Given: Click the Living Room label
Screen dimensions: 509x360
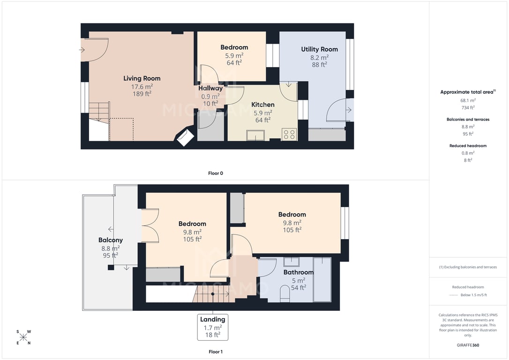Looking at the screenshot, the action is pyautogui.click(x=142, y=78).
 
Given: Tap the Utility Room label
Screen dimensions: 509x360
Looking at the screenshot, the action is pyautogui.click(x=320, y=49).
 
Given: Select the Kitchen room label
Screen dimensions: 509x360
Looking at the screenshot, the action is pyautogui.click(x=263, y=105).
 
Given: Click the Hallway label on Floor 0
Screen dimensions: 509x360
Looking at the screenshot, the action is pyautogui.click(x=210, y=88).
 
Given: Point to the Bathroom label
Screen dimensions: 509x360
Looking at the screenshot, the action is pyautogui.click(x=299, y=272).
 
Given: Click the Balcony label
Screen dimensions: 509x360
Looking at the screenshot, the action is pyautogui.click(x=111, y=240).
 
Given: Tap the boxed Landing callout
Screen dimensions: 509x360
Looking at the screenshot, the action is pyautogui.click(x=213, y=327).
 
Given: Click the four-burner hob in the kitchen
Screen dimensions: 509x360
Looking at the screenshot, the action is pyautogui.click(x=289, y=135).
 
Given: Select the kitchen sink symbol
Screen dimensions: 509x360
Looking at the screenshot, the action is pyautogui.click(x=255, y=135).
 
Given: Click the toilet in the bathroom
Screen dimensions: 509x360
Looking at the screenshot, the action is pyautogui.click(x=284, y=294).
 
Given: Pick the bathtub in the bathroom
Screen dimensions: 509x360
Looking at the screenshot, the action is pyautogui.click(x=322, y=279).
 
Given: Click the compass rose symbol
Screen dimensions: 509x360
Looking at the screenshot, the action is pyautogui.click(x=23, y=337).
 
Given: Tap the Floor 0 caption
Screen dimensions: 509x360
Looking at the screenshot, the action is pyautogui.click(x=216, y=173).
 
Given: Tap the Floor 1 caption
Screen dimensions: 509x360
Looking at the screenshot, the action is pyautogui.click(x=216, y=352).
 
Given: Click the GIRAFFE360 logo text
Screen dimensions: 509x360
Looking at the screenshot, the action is pyautogui.click(x=468, y=345).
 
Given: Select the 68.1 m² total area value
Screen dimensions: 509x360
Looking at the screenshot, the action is pyautogui.click(x=468, y=100).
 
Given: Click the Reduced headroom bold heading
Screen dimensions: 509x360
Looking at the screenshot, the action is pyautogui.click(x=468, y=146).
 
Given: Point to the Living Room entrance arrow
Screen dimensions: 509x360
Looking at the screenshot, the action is pyautogui.click(x=82, y=50).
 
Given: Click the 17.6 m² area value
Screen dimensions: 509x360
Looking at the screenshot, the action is pyautogui.click(x=142, y=87).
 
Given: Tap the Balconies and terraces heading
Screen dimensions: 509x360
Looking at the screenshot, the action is pyautogui.click(x=468, y=120).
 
